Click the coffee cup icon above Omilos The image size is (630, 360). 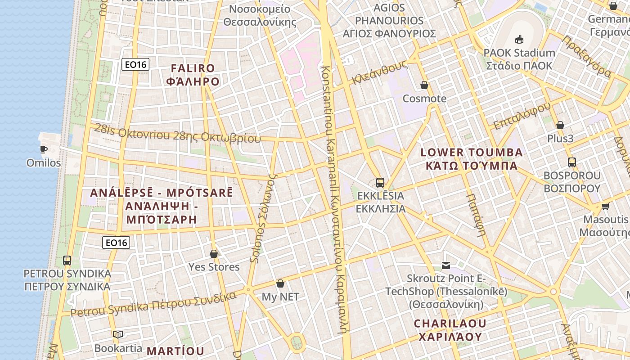tap(44, 149)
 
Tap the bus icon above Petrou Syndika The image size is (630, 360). tap(67, 260)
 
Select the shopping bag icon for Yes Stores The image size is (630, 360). tap(214, 254)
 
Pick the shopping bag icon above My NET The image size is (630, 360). tap(280, 283)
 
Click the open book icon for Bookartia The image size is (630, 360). tap(118, 334)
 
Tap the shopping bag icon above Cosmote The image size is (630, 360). tap(424, 85)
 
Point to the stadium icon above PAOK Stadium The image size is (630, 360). tap(519, 39)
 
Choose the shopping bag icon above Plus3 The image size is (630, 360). tap(560, 125)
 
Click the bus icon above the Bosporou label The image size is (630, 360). tap(572, 162)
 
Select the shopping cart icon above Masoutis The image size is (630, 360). tap(605, 206)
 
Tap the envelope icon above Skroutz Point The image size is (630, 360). tap(446, 265)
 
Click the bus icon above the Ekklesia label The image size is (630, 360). tap(380, 182)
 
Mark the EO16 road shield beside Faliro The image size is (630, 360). tap(135, 64)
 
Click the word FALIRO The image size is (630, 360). tap(193, 68)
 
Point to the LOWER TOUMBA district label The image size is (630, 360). tap(472, 153)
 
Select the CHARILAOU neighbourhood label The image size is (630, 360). tap(450, 323)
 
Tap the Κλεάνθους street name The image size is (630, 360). tap(380, 72)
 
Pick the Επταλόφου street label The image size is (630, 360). tap(522, 116)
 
